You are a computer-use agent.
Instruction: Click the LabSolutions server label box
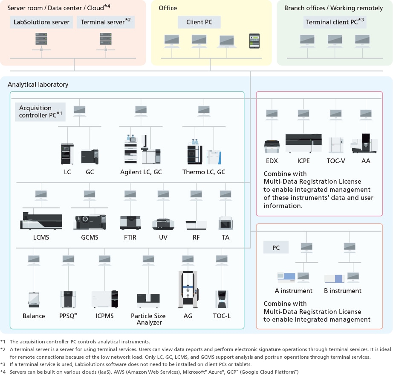(41, 22)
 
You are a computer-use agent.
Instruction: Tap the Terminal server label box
(105, 22)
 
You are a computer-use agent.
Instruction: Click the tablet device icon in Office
(254, 41)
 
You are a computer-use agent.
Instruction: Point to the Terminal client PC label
(335, 22)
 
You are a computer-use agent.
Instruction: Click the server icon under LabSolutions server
(41, 40)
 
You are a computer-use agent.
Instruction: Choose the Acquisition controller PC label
(40, 112)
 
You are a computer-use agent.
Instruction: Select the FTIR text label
(130, 237)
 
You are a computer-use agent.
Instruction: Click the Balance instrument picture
(34, 300)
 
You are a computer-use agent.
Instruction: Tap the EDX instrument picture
(272, 147)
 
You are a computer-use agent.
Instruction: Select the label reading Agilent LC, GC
(141, 172)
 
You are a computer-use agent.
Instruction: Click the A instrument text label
(293, 291)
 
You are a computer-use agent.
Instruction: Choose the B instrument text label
(342, 291)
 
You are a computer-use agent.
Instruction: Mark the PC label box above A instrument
(276, 247)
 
